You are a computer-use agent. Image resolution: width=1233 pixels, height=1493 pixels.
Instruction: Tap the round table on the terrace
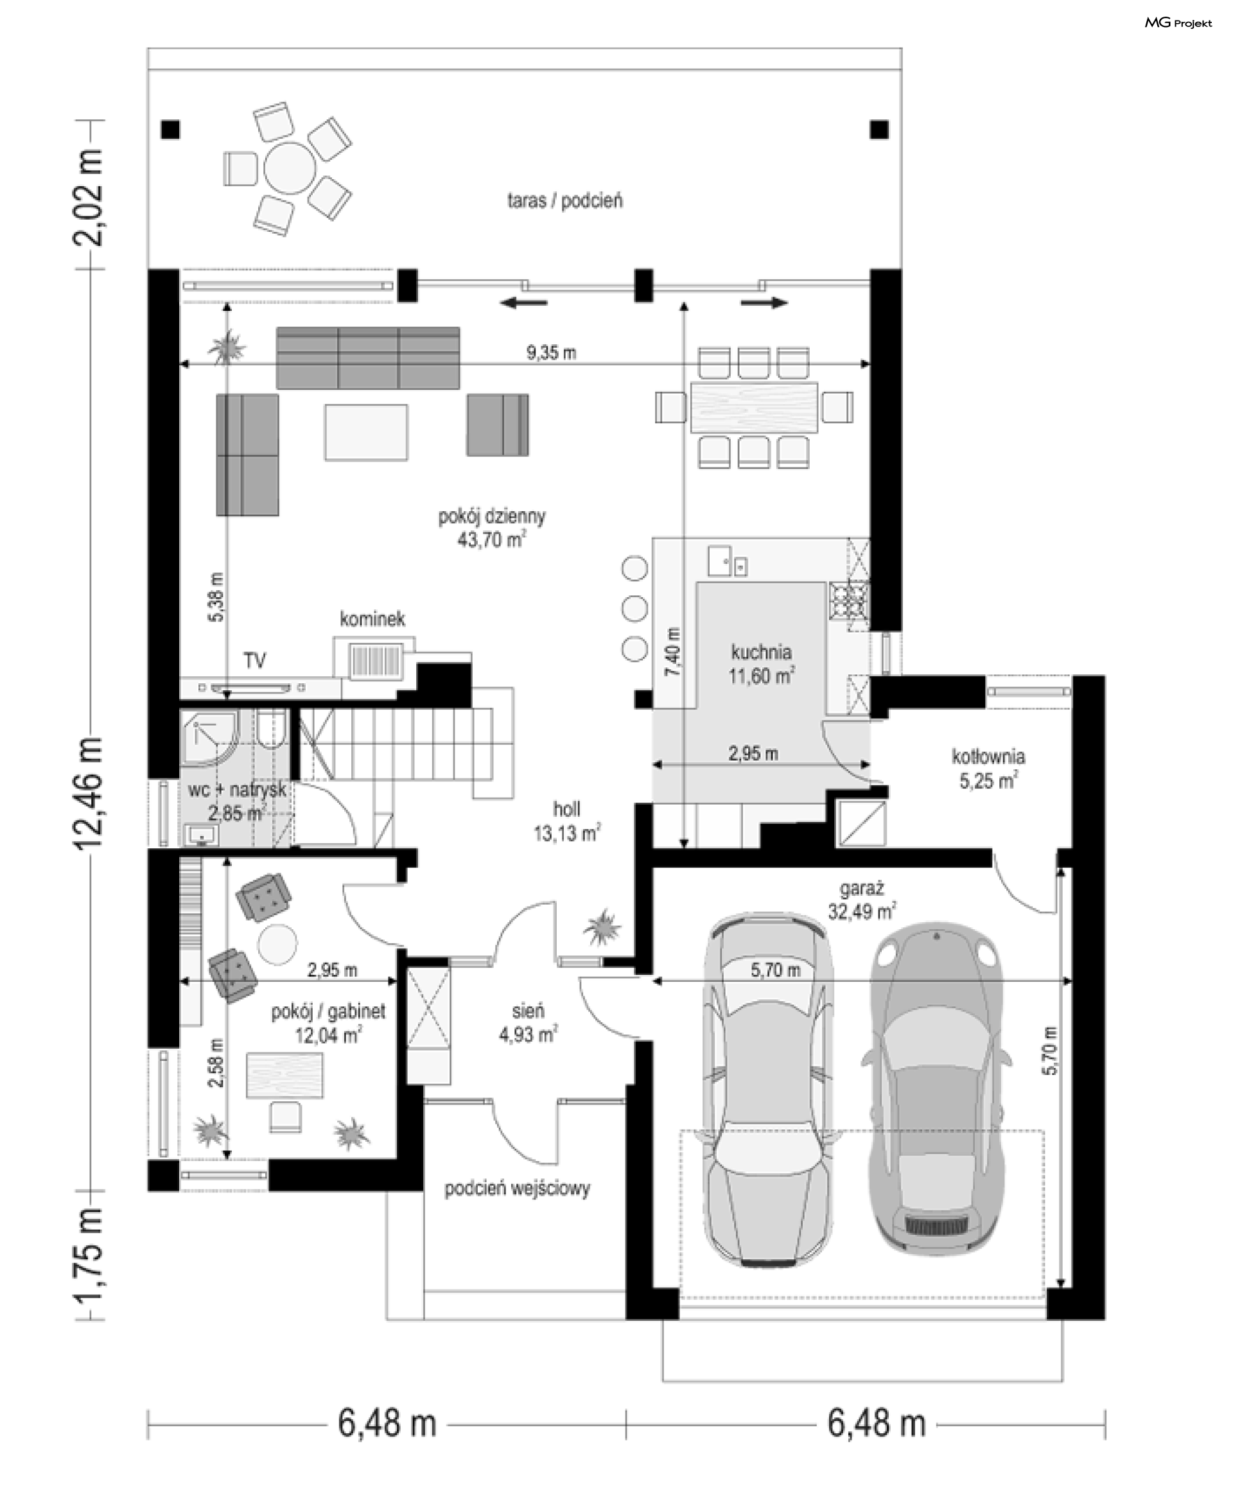(x=290, y=168)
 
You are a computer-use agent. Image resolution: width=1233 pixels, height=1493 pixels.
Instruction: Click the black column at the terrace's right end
(x=879, y=129)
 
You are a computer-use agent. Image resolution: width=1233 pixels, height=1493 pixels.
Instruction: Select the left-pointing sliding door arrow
(x=523, y=303)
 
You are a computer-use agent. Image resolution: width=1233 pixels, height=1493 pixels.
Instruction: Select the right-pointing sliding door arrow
(x=764, y=303)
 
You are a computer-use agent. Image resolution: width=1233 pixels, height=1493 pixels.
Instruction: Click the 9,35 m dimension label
(x=551, y=353)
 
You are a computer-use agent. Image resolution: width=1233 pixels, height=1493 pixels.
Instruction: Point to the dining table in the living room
(x=755, y=407)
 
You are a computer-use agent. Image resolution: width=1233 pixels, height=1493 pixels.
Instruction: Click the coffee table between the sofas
(x=367, y=433)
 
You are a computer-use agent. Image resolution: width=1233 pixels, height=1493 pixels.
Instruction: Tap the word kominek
(x=372, y=618)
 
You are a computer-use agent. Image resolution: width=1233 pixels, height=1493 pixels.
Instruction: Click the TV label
(x=255, y=661)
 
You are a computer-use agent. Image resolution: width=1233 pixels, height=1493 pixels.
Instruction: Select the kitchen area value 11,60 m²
(x=761, y=675)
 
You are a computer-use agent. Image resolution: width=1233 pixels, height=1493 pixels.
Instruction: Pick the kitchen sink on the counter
(x=726, y=561)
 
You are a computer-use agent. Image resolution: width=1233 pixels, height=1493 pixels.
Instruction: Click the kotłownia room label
(x=988, y=756)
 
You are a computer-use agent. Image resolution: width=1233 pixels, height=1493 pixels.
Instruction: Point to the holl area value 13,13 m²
(x=567, y=832)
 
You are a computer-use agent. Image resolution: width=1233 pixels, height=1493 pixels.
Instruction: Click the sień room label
(x=528, y=1011)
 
